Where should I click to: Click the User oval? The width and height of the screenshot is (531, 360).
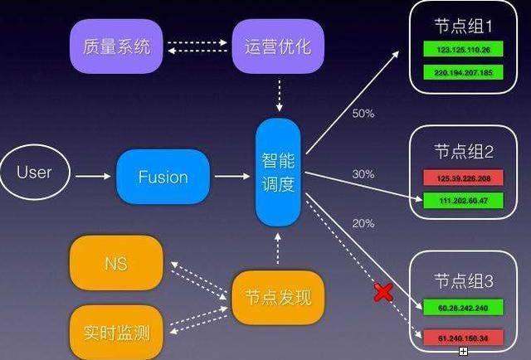(34, 173)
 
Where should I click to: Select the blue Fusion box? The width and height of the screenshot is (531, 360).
(163, 177)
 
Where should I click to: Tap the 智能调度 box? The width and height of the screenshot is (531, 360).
(277, 173)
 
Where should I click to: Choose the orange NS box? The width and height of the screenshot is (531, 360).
(115, 264)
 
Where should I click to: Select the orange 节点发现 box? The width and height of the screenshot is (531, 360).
(277, 296)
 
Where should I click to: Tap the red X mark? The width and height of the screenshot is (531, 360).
(383, 292)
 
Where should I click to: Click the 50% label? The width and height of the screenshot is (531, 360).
(363, 112)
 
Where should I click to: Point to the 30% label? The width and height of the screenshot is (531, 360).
(363, 174)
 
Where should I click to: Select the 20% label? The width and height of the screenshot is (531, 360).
(363, 223)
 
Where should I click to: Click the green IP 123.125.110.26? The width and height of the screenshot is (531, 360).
(463, 50)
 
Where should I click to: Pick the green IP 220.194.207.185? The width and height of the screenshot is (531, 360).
(463, 72)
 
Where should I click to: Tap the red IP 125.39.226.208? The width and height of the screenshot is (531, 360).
(463, 178)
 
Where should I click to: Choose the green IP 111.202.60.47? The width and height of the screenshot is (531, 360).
(463, 200)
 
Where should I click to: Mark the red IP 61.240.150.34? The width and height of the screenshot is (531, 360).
(463, 337)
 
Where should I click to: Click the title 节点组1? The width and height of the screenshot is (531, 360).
(463, 26)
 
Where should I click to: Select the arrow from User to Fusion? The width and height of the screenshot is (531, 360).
(92, 176)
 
